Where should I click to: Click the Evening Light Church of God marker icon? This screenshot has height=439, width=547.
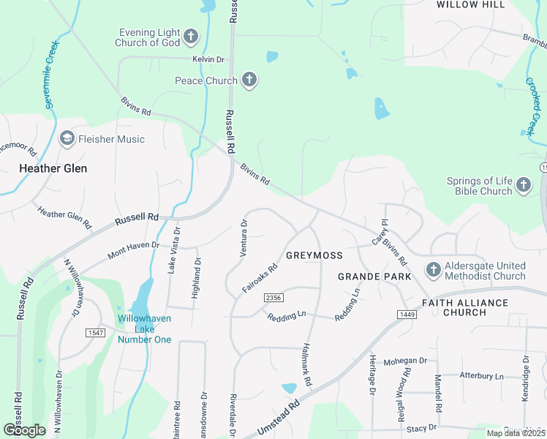(x=190, y=36)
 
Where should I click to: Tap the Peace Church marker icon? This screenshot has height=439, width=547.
(x=249, y=80)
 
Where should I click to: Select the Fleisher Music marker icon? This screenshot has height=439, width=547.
(x=67, y=138)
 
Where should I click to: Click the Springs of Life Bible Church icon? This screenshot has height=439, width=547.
(x=524, y=185)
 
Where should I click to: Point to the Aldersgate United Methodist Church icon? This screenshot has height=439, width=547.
(x=433, y=270)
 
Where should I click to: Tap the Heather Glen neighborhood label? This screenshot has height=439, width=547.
(x=53, y=168)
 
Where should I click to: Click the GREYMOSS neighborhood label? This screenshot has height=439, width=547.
(x=314, y=255)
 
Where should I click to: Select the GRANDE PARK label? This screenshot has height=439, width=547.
(x=374, y=277)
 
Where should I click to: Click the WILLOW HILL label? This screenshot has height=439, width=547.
(x=471, y=4)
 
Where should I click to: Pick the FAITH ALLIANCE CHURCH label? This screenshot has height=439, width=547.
(x=464, y=307)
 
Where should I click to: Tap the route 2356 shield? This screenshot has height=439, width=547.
(x=273, y=298)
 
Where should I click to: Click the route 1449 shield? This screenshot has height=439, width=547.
(x=407, y=314)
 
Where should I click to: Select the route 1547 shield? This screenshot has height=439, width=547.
(x=95, y=333)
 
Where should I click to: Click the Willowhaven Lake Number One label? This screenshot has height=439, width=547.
(x=145, y=329)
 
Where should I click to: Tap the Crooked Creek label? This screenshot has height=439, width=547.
(x=534, y=106)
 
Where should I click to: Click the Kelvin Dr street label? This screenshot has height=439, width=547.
(x=207, y=59)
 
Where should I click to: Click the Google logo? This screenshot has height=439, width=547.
(x=24, y=430)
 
